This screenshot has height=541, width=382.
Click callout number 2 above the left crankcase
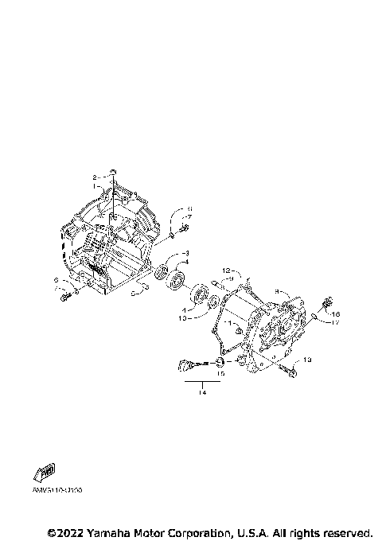coord(95,177)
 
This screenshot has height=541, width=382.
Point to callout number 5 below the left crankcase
coord(56,281)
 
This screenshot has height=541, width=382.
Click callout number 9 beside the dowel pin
coord(229,279)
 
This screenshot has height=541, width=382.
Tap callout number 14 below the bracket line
coord(202,391)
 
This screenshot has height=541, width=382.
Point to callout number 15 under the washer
coord(220,372)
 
